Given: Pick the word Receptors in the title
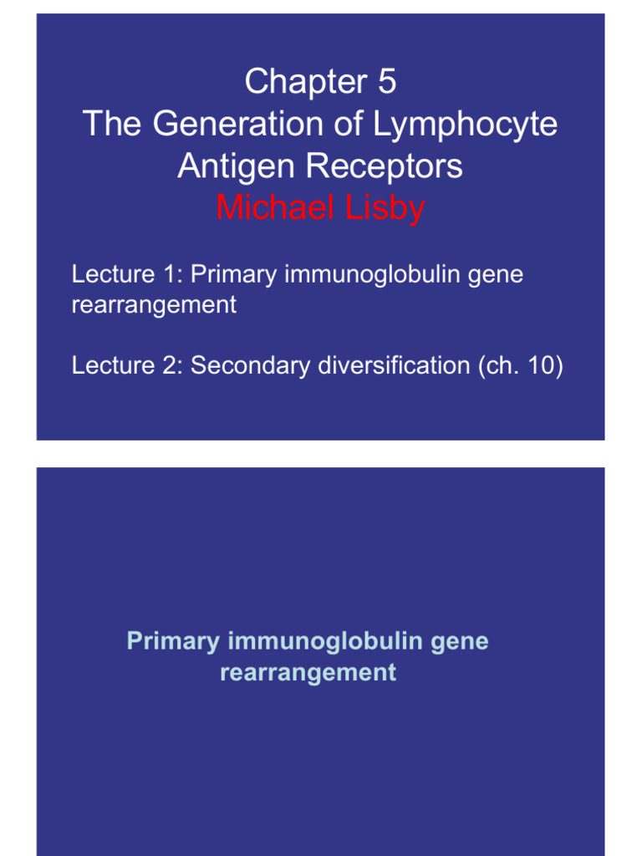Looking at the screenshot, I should tap(385, 166).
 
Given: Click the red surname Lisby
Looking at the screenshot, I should tap(381, 207).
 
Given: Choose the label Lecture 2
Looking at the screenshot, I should tap(126, 365).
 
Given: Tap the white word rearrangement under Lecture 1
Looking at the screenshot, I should tap(154, 305).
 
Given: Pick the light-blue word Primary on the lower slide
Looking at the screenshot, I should tap(173, 642).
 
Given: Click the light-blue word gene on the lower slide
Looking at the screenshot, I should tap(461, 642).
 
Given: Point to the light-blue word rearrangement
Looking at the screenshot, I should tap(308, 672).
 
